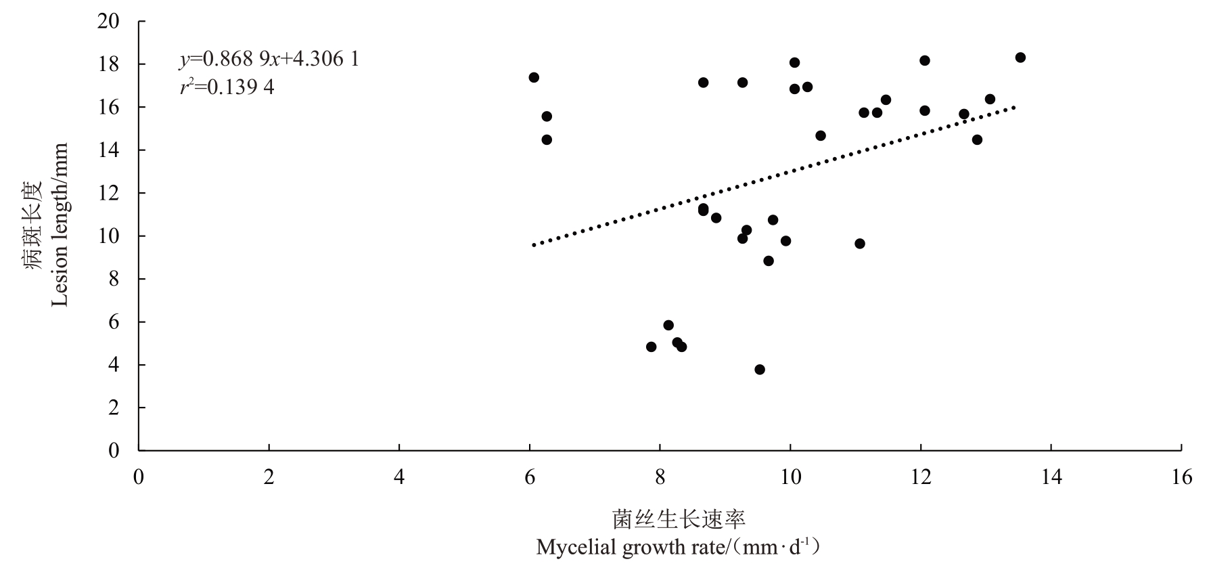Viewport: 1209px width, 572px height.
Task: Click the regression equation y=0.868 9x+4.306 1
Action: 269,60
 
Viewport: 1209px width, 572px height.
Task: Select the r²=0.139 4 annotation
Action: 227,87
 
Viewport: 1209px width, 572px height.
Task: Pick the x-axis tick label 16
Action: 1181,478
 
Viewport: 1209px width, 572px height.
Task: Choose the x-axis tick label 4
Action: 399,478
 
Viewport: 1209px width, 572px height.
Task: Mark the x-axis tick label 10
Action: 790,478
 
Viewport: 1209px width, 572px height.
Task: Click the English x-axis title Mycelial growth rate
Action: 678,547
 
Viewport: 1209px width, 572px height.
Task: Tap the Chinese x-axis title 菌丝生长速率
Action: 679,519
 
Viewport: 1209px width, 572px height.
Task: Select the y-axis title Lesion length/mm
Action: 60,225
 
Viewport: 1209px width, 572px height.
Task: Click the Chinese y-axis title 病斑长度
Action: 35,225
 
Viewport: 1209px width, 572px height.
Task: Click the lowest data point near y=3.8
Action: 760,370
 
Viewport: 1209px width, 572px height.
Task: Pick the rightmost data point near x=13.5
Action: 1020,58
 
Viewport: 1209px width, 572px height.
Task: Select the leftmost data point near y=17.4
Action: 534,77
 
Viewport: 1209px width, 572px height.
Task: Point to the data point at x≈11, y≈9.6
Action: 860,244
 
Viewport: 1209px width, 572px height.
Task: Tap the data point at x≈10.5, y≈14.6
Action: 821,136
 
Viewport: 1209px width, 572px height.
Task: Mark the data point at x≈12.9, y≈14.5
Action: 977,140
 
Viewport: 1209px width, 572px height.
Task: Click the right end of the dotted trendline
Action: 1014,107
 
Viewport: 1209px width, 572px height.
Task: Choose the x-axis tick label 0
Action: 139,478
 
